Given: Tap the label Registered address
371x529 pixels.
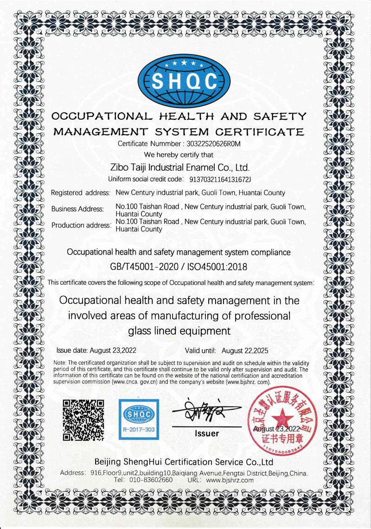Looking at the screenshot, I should pyautogui.click(x=80, y=193).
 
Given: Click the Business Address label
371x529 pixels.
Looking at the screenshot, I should pyautogui.click(x=77, y=209).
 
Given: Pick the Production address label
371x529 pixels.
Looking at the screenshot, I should pyautogui.click(x=81, y=225).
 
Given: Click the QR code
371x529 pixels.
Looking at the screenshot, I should pyautogui.click(x=83, y=419).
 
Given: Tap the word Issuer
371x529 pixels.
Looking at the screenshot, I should pyautogui.click(x=207, y=433).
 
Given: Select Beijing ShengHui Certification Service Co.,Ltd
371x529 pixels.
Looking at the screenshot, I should pyautogui.click(x=184, y=462).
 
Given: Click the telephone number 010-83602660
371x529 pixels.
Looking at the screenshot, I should pyautogui.click(x=150, y=480).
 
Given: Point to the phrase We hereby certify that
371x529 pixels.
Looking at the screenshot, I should pyautogui.click(x=179, y=154).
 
